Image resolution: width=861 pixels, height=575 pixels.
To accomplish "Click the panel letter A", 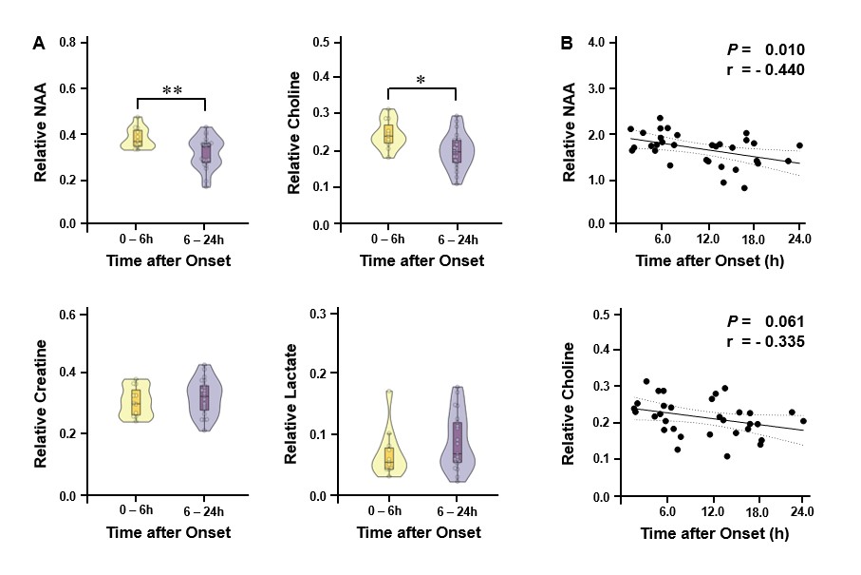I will pyautogui.click(x=38, y=44).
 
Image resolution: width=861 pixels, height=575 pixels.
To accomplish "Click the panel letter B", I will pyautogui.click(x=567, y=44).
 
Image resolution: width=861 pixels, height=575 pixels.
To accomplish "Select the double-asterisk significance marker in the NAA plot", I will pyautogui.click(x=172, y=90).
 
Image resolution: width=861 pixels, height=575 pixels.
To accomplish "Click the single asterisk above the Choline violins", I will pyautogui.click(x=421, y=82).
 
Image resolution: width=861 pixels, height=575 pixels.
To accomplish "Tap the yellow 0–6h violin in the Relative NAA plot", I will pyautogui.click(x=138, y=135).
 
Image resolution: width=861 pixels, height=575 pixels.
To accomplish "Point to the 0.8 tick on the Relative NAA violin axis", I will pyautogui.click(x=68, y=44).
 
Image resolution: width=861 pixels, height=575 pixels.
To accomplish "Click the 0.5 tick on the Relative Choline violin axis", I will pyautogui.click(x=321, y=43).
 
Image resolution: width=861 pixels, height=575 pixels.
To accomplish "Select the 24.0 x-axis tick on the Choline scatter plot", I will pyautogui.click(x=802, y=513).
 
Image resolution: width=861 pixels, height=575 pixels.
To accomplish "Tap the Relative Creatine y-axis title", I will pyautogui.click(x=42, y=402).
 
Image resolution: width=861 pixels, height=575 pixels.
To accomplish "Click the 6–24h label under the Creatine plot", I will pyautogui.click(x=206, y=511).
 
